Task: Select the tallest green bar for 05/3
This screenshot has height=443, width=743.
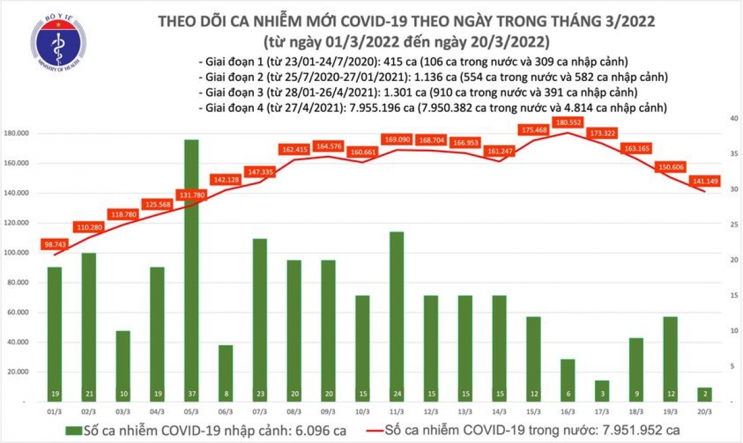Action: click(x=192, y=266)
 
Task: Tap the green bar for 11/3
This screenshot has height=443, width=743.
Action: click(x=396, y=312)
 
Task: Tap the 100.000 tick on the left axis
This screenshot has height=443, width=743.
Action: click(x=18, y=253)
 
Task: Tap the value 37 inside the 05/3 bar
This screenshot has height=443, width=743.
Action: click(x=192, y=393)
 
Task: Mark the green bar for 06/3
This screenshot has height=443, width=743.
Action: click(x=226, y=371)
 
